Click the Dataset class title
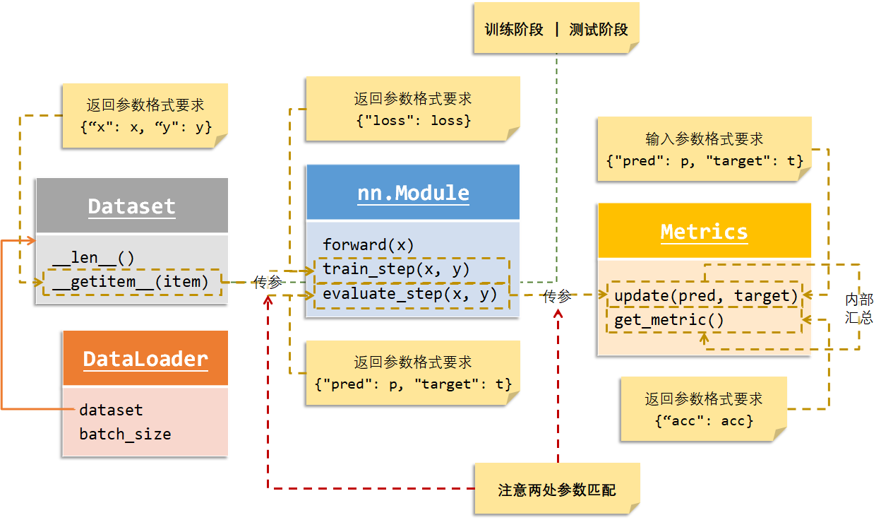pyautogui.click(x=131, y=206)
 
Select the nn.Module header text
pyautogui.click(x=413, y=193)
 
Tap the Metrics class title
pyautogui.click(x=704, y=232)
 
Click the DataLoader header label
pyautogui.click(x=145, y=359)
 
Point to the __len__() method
pyautogui.click(x=92, y=258)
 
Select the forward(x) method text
pyautogui.click(x=368, y=245)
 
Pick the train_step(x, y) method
pyautogui.click(x=396, y=269)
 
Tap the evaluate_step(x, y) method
pyautogui.click(x=410, y=293)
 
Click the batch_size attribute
pyautogui.click(x=125, y=434)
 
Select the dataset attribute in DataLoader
pyautogui.click(x=111, y=410)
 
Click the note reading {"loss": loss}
pyautogui.click(x=413, y=121)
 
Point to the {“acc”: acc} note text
pyautogui.click(x=704, y=420)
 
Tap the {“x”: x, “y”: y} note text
pyautogui.click(x=145, y=127)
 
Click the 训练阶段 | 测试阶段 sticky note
pyautogui.click(x=556, y=30)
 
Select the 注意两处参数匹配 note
pyautogui.click(x=556, y=490)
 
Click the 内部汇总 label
pyautogui.click(x=859, y=309)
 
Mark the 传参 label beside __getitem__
pyautogui.click(x=268, y=283)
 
